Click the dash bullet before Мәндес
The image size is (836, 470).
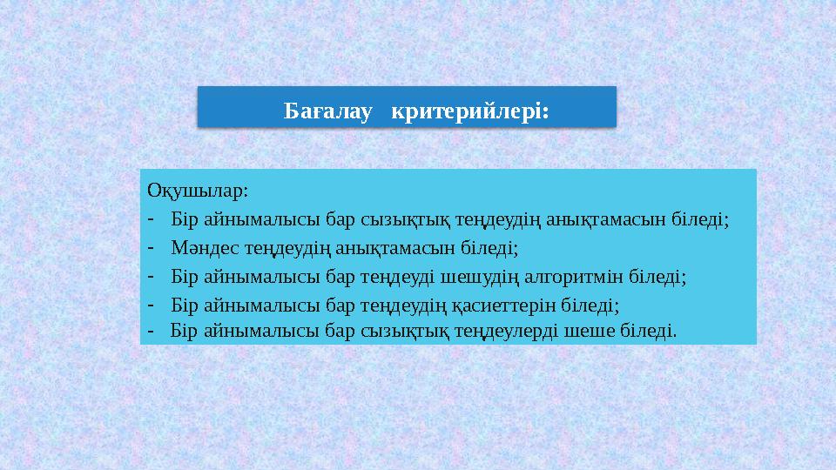[x=151, y=246]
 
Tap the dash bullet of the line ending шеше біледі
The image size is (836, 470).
[x=151, y=331]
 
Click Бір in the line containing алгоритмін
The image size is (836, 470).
[x=185, y=277]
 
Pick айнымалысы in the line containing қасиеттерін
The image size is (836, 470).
[x=260, y=305]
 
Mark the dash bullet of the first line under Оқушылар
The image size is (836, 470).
[x=151, y=217]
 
